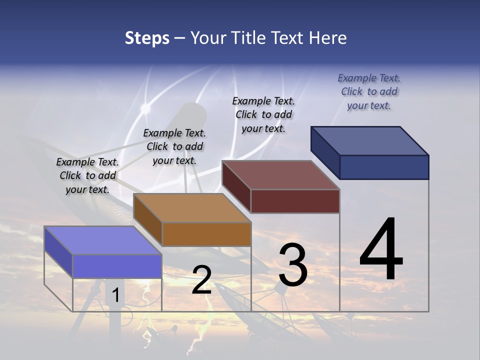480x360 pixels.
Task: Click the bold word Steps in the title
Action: click(147, 38)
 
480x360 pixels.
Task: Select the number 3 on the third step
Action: click(292, 265)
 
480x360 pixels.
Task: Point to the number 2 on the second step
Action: click(201, 280)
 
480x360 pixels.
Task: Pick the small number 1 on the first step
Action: click(115, 295)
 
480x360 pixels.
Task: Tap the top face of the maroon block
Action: click(281, 175)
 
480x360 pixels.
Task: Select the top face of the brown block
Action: click(192, 208)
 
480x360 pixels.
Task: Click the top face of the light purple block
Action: click(103, 240)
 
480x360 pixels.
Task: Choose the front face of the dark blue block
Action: click(384, 167)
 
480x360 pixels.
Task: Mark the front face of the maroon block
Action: click(295, 201)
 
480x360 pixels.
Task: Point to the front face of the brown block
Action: click(206, 234)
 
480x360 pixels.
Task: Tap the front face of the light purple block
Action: click(117, 266)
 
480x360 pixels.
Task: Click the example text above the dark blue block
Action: click(369, 91)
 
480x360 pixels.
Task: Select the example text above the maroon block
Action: click(263, 114)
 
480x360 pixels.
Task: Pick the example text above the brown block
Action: click(174, 146)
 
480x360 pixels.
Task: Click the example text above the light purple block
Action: click(87, 175)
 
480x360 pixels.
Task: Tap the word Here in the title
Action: click(328, 38)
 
